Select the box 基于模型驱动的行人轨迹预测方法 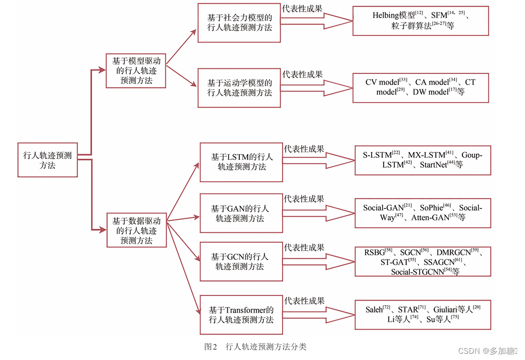[136, 70]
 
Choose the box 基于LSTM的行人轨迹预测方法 [241, 162]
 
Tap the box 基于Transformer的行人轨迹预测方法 [241, 315]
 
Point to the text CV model [382, 82]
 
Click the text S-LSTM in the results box [377, 155]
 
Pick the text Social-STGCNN [417, 272]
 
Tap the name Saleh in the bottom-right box [374, 310]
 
